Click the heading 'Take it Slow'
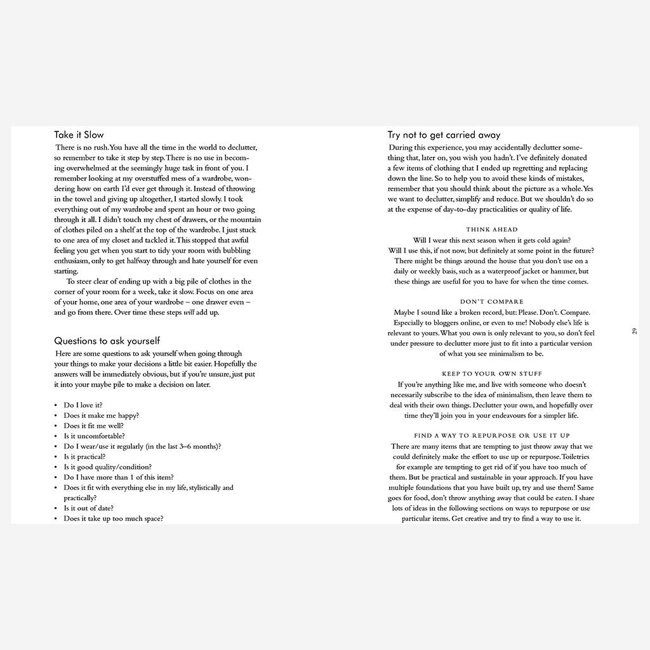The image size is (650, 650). coord(79,135)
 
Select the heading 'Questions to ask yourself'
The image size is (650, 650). coord(107,342)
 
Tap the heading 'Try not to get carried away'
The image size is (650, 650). coord(444,135)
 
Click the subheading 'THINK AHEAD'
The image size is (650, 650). coord(491,230)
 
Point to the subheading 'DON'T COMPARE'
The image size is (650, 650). coord(491,302)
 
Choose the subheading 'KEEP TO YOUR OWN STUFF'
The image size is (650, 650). coord(491,374)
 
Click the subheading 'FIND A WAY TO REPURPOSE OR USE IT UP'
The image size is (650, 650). coord(491,436)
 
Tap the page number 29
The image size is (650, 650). coord(634,331)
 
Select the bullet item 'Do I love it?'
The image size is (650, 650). coord(83,405)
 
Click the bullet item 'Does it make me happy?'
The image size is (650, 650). coord(101,415)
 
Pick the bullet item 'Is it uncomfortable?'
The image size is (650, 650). coord(94,436)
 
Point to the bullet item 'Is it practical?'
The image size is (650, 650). coord(84,456)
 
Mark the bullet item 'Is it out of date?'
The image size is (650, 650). coord(89,508)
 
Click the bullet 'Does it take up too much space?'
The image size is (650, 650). coord(114,518)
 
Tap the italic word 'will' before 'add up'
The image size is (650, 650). coord(189,312)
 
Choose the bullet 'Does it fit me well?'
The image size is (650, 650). coord(94,425)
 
